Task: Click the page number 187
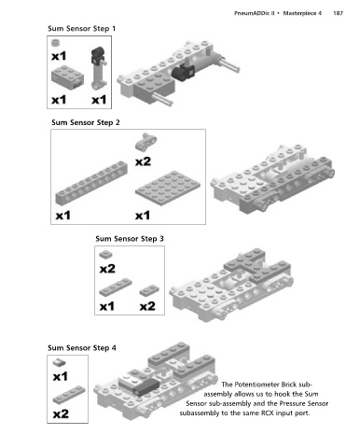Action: click(x=338, y=13)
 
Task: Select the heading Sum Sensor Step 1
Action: click(x=81, y=29)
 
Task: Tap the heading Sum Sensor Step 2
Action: click(x=86, y=122)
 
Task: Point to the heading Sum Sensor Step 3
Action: click(x=130, y=239)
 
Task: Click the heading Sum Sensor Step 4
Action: click(x=82, y=348)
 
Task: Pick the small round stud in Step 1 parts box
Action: click(x=56, y=43)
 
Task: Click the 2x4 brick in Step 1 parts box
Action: click(x=67, y=77)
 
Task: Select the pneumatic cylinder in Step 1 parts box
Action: click(x=99, y=68)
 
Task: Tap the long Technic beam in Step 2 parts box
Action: click(x=91, y=183)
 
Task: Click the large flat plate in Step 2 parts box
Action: click(x=168, y=188)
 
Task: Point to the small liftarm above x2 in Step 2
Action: click(x=145, y=142)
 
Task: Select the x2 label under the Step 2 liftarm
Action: click(x=143, y=161)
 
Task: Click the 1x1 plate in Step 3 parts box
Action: click(x=106, y=254)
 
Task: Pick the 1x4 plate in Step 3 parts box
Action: click(x=116, y=287)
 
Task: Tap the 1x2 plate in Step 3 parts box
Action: click(x=149, y=290)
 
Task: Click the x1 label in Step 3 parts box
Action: click(x=107, y=306)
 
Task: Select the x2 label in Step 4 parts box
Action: click(x=61, y=413)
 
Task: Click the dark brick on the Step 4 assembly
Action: click(x=146, y=388)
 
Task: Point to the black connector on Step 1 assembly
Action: click(x=183, y=72)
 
